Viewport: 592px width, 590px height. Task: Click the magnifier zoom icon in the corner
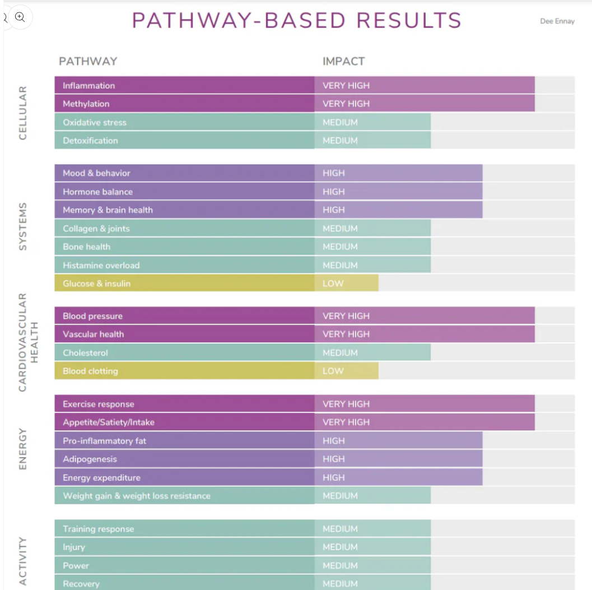click(20, 17)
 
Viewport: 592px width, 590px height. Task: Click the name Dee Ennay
click(557, 21)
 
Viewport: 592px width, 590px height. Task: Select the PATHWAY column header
click(88, 62)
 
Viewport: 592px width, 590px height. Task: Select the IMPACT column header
click(343, 62)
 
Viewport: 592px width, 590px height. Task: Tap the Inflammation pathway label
click(88, 86)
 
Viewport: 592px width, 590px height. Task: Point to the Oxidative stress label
click(95, 123)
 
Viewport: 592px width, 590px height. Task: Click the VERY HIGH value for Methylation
click(346, 104)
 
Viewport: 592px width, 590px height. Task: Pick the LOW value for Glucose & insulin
click(333, 284)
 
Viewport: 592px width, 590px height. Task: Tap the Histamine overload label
click(101, 266)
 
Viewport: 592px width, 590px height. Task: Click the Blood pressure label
click(92, 316)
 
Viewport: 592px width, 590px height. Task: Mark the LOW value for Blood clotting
click(333, 371)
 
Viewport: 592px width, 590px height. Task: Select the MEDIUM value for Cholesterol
click(340, 353)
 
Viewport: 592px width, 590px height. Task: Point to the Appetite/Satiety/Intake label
click(108, 422)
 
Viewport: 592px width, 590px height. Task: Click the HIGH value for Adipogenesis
click(333, 459)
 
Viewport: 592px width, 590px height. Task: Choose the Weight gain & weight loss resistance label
click(137, 496)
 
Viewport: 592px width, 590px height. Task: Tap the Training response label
click(98, 529)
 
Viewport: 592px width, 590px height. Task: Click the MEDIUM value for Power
click(340, 565)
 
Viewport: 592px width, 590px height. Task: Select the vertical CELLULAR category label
click(23, 113)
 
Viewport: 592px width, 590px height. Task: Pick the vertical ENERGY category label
click(23, 449)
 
